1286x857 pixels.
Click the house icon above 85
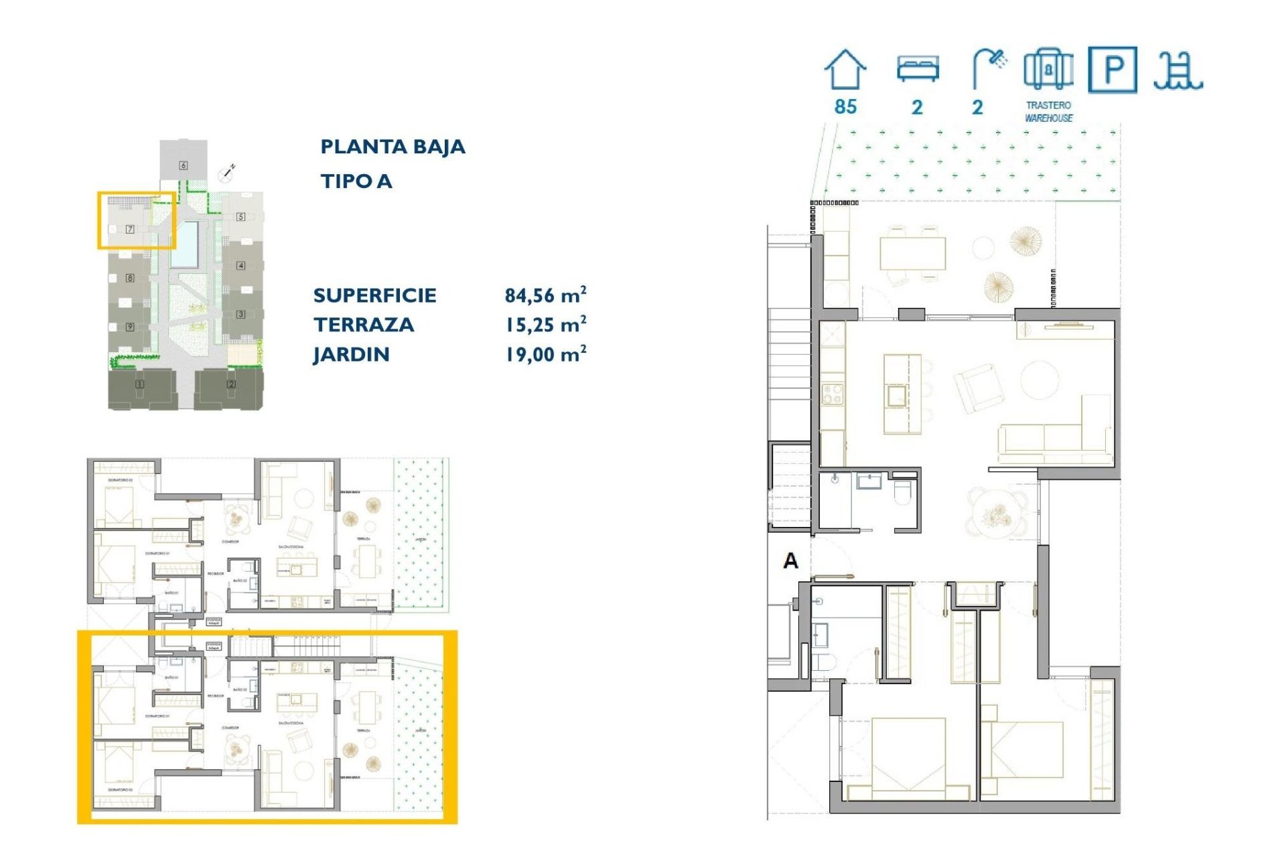845,70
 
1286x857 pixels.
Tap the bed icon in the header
918,69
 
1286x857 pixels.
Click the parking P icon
1112,70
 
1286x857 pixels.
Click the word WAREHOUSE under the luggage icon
1048,118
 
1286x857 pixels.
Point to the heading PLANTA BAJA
392,147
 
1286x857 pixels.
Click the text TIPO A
356,181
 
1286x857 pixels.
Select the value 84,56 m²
545,295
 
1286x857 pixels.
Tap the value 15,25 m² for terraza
545,325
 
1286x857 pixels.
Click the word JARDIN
351,354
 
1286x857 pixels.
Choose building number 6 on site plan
183,165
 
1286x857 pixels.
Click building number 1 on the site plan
139,384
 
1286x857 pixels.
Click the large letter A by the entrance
790,560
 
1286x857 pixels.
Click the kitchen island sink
897,396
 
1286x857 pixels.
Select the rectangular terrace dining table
912,253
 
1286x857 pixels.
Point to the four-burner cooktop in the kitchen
832,394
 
